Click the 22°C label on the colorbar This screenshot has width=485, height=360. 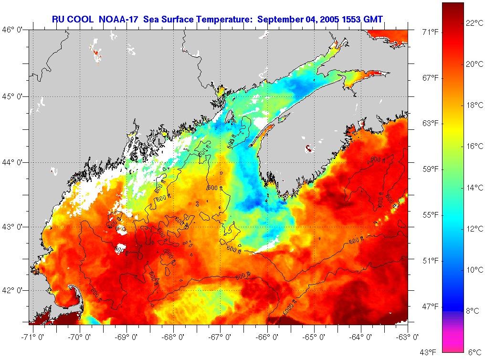click(474, 23)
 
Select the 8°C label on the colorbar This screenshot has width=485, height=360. click(473, 311)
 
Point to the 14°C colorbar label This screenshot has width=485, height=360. click(474, 188)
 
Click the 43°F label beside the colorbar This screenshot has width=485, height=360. click(430, 352)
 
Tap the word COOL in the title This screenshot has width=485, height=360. click(83, 19)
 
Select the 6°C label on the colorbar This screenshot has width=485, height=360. click(474, 352)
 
